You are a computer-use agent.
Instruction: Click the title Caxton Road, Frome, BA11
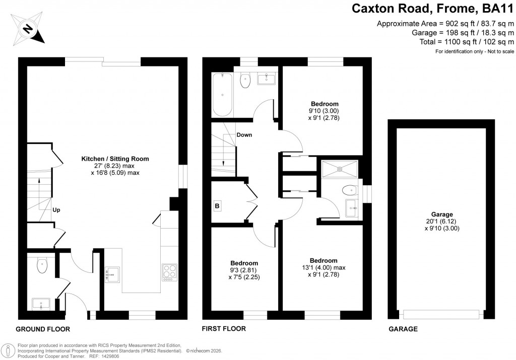[432, 9]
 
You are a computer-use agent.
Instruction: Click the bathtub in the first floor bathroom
[222, 94]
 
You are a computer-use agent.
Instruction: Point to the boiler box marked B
[218, 205]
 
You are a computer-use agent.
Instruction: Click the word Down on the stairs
[244, 135]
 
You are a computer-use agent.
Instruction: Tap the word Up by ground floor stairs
[56, 210]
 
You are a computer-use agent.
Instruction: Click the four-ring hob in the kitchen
[170, 272]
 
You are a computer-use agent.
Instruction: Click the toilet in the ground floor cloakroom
[41, 265]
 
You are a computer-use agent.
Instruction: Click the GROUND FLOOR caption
[43, 329]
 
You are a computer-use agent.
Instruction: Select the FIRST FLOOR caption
[224, 329]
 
